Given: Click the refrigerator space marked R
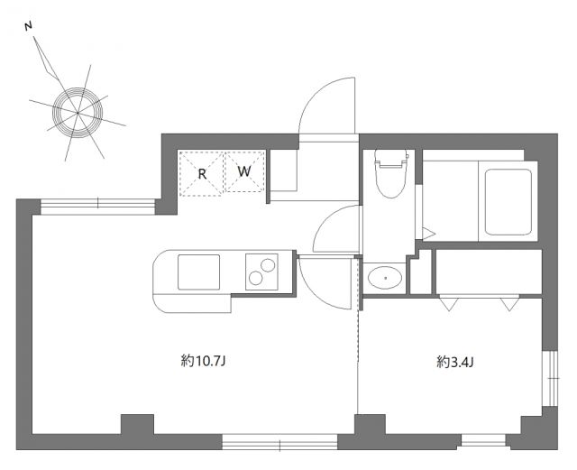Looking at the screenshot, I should (x=202, y=171).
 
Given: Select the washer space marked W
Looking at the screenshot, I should (x=244, y=171).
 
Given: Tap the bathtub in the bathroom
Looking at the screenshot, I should (x=507, y=200).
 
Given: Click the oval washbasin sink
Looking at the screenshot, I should (x=386, y=278).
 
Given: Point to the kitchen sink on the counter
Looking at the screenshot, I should (x=198, y=272).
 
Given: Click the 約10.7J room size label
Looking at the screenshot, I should (x=202, y=362).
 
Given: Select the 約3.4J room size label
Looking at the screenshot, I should (x=455, y=363).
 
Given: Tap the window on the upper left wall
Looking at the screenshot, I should (x=97, y=207).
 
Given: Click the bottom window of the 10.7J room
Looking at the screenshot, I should (x=279, y=442).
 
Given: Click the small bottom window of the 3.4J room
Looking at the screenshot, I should (x=481, y=441).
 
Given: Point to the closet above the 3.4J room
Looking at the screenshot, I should (x=488, y=272).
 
